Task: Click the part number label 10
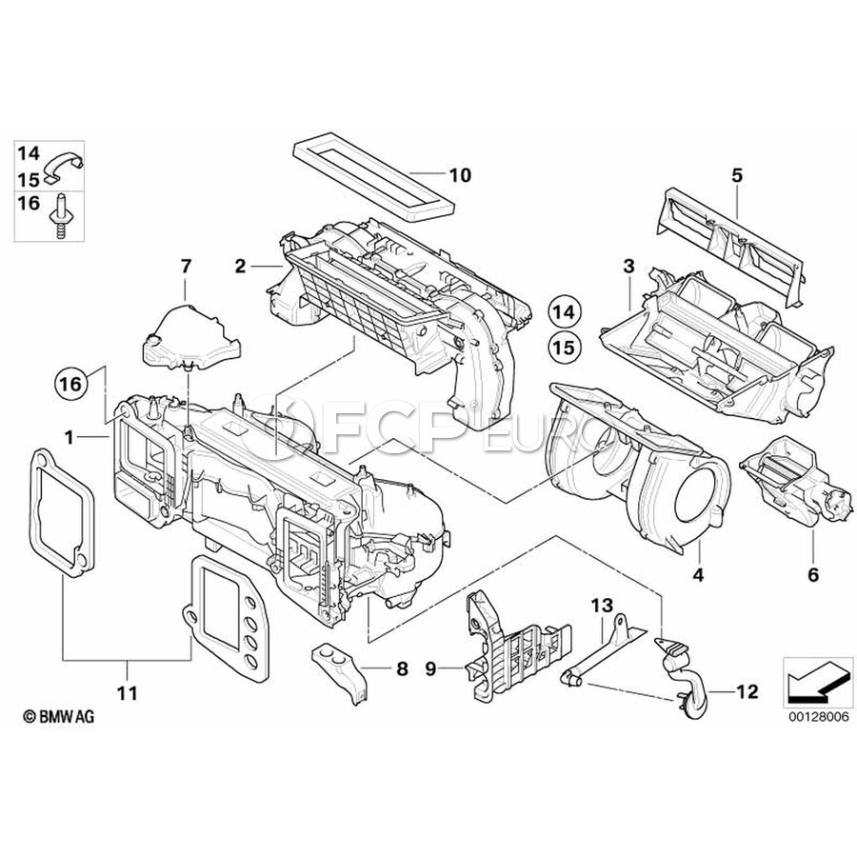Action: tap(460, 175)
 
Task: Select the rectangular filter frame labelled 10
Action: tap(375, 179)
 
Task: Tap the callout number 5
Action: tap(737, 176)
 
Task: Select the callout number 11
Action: tap(128, 693)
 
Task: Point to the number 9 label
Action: tap(430, 668)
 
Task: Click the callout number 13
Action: tap(603, 607)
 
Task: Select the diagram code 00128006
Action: tap(819, 717)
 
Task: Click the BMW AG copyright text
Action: tap(59, 716)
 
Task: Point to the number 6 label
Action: tap(813, 574)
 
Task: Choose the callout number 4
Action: tap(698, 574)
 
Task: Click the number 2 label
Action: tap(241, 267)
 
